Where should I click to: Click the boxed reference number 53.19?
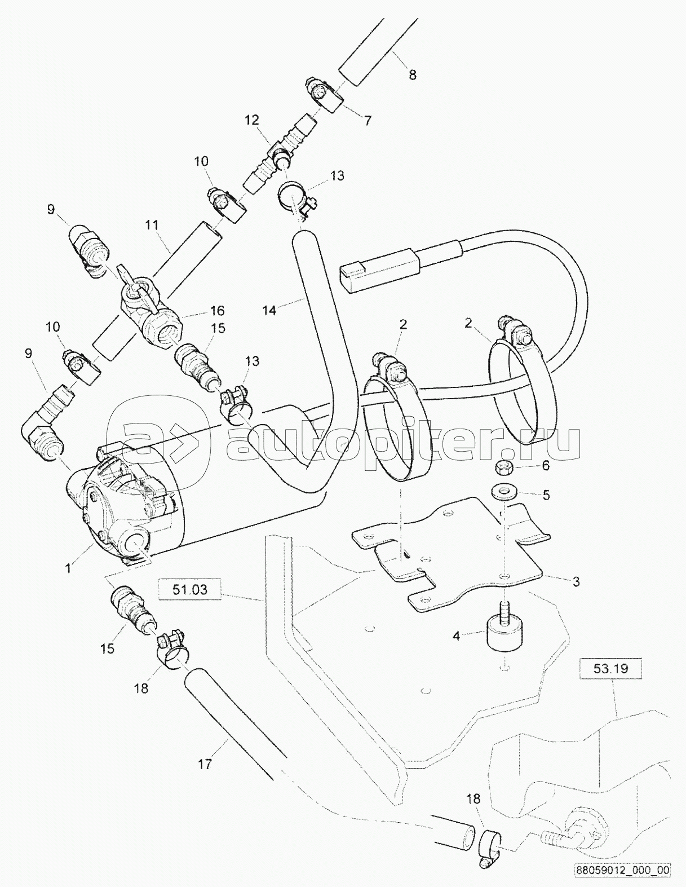[610, 669]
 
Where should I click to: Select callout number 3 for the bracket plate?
[576, 581]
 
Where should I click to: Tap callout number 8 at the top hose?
[412, 74]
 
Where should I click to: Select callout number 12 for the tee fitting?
[251, 120]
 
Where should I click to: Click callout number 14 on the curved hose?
[269, 310]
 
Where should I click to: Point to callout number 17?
[205, 764]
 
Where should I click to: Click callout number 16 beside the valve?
[217, 310]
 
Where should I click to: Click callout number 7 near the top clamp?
[368, 120]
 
